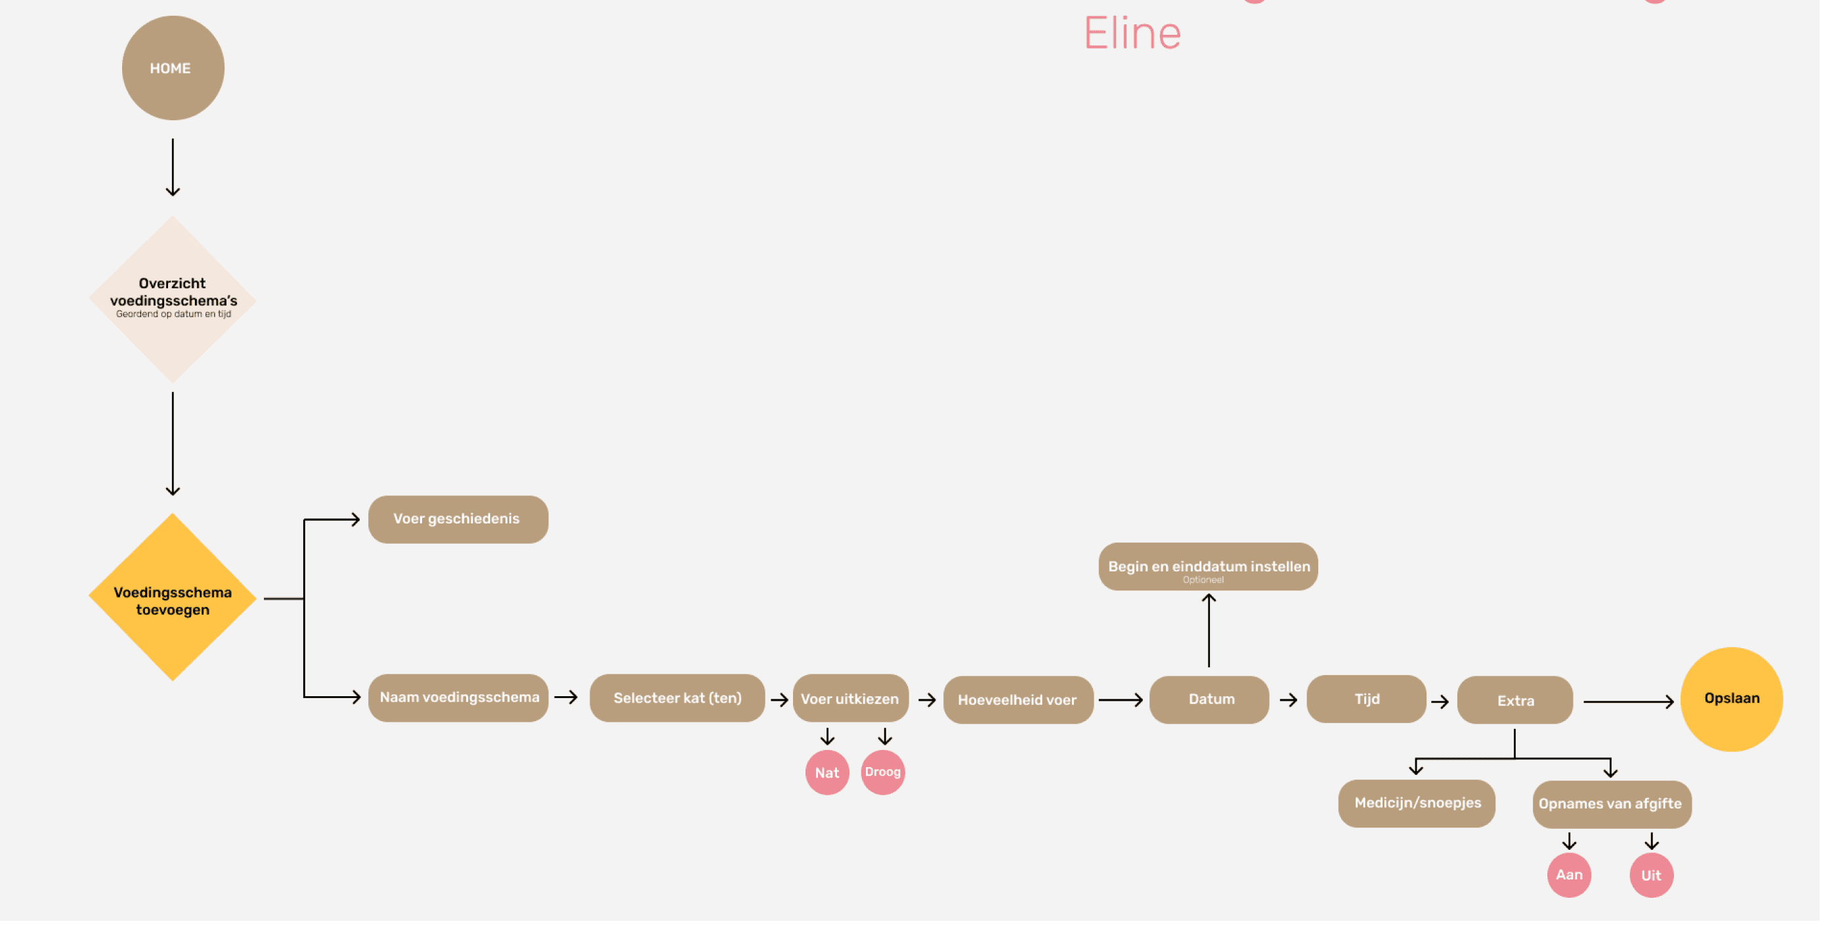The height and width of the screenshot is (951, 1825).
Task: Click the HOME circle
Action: tap(173, 68)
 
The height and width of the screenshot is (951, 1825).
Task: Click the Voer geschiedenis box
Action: tap(458, 520)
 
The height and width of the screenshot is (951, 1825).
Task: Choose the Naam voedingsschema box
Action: tap(458, 698)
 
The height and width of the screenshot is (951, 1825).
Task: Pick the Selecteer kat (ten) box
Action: tap(677, 698)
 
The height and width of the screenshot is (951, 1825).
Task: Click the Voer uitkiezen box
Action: tap(850, 699)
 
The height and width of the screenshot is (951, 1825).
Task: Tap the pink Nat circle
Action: tap(827, 772)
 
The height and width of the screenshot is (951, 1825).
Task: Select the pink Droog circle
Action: tap(883, 772)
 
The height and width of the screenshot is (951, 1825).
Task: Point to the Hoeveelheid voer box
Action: tap(1018, 700)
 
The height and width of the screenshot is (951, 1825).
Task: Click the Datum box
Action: tap(1209, 699)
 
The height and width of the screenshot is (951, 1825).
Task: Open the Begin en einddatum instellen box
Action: tap(1208, 567)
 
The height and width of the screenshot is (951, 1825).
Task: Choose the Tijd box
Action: tap(1366, 699)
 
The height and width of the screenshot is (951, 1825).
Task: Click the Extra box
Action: tap(1514, 700)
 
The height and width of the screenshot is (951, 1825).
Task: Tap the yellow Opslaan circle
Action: tap(1732, 699)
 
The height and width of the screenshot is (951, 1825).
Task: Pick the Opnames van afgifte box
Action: tap(1611, 805)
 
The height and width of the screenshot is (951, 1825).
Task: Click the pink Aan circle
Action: tap(1568, 875)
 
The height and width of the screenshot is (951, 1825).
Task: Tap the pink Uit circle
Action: tap(1652, 875)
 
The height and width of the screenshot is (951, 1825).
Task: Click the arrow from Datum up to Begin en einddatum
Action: tap(1209, 630)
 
